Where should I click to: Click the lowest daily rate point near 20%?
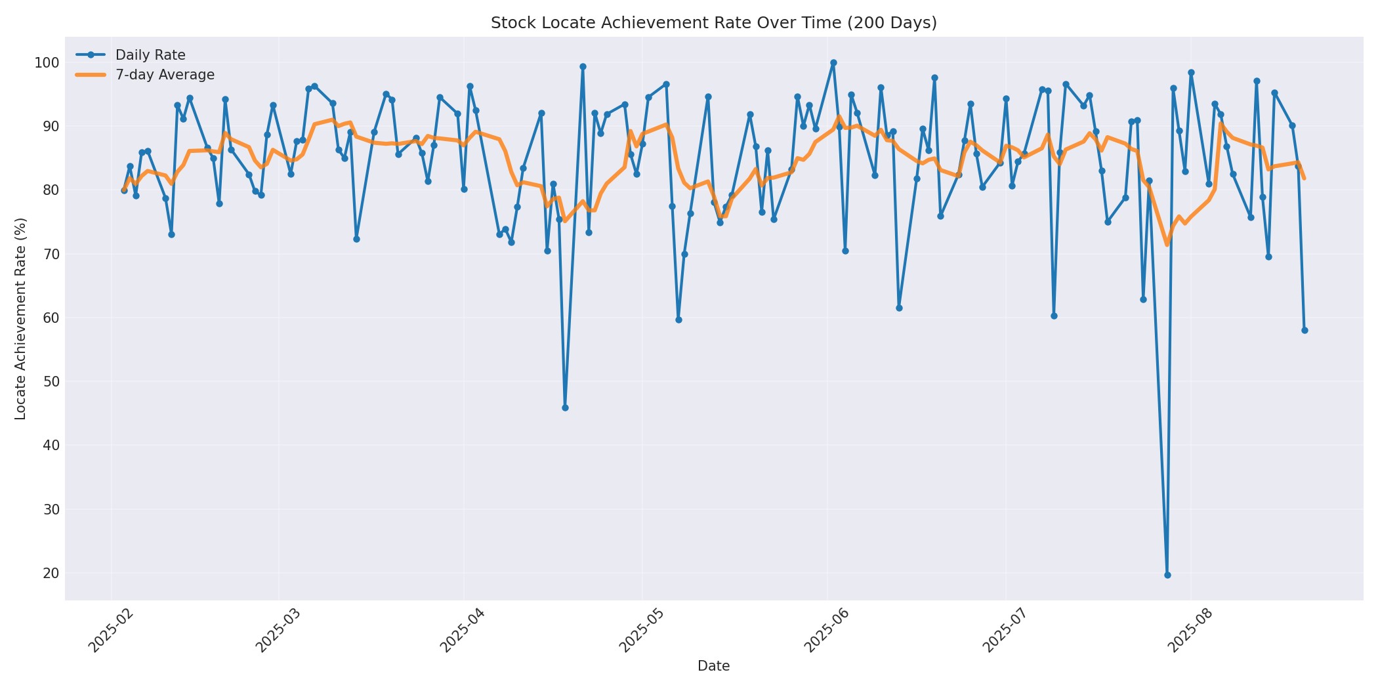click(1167, 575)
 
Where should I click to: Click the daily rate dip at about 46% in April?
click(565, 407)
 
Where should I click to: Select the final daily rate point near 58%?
click(1305, 330)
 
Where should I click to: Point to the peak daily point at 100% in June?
click(833, 63)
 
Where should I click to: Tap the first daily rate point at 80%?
click(124, 190)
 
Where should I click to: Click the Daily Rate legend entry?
click(150, 55)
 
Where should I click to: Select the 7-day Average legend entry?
click(165, 75)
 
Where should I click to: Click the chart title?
click(713, 23)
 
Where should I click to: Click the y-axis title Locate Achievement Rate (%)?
click(20, 318)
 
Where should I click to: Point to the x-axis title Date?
click(713, 666)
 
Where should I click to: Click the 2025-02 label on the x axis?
click(112, 630)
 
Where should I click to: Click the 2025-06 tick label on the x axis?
click(827, 630)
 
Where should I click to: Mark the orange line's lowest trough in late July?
click(1167, 245)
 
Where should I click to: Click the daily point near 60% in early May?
click(679, 320)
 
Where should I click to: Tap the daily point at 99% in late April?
click(583, 66)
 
